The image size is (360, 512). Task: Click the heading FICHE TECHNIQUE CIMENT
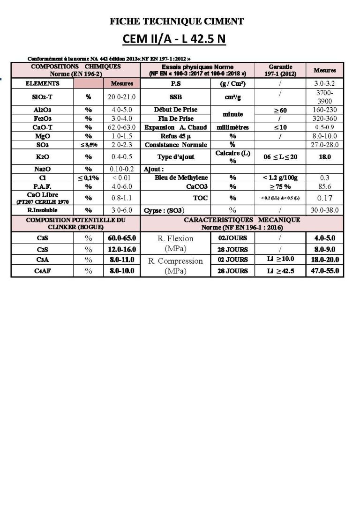coord(176,21)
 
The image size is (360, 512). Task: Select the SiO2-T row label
coord(42,97)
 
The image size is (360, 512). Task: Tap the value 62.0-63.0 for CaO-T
coord(121,127)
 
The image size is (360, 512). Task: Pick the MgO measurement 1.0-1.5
coord(121,136)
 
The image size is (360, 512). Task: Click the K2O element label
coord(42,157)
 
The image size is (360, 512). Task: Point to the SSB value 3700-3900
coord(324,97)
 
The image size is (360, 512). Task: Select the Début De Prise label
coord(175,110)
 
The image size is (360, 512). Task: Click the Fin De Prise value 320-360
coord(324,119)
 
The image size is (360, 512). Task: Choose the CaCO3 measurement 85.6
coord(324,186)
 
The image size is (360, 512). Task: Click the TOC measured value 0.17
coord(324,198)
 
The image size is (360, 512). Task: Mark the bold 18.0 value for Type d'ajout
coord(324,157)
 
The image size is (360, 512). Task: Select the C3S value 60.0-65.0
coord(121,238)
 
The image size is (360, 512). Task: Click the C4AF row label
coord(42,271)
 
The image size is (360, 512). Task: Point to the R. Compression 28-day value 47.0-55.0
coord(324,271)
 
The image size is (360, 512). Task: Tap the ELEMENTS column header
coord(43,83)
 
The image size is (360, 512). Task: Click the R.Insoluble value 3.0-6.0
coord(121,210)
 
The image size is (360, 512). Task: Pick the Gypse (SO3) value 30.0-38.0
coord(324,210)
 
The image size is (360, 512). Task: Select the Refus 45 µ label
coord(175,136)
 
